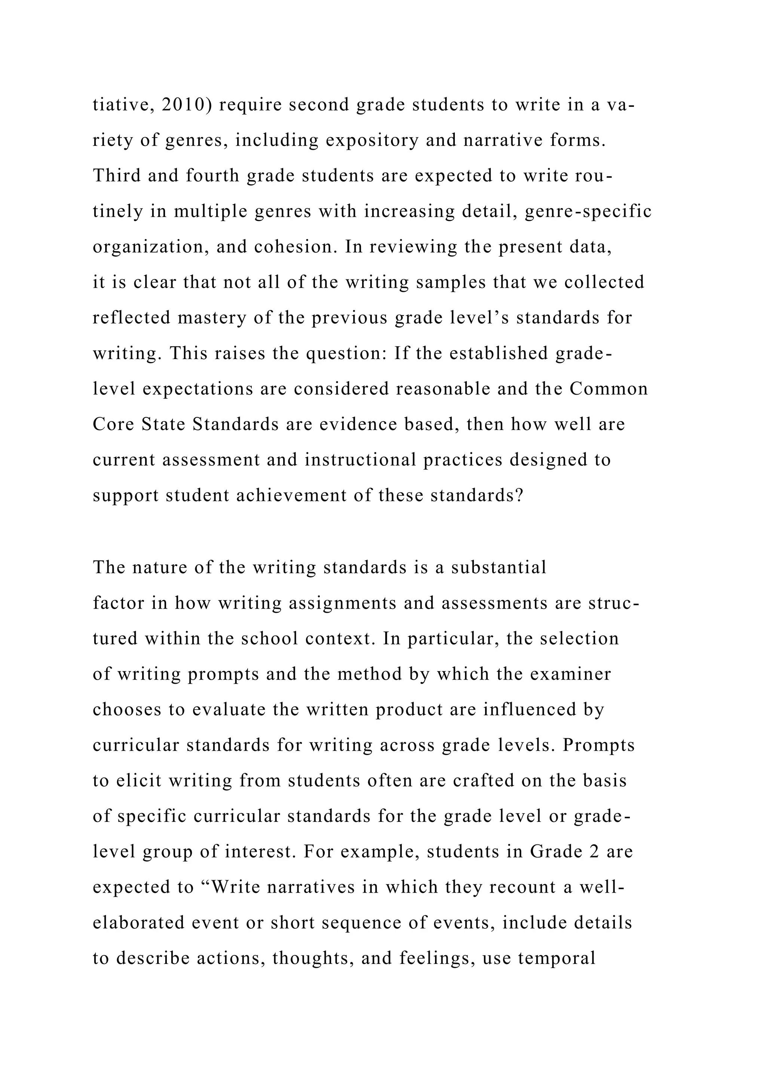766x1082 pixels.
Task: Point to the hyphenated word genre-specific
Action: click(588, 211)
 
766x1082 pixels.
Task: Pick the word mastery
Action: click(212, 318)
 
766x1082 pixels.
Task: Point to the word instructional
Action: click(360, 460)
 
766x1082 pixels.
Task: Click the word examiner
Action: click(570, 674)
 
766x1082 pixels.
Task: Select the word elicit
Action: click(139, 781)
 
